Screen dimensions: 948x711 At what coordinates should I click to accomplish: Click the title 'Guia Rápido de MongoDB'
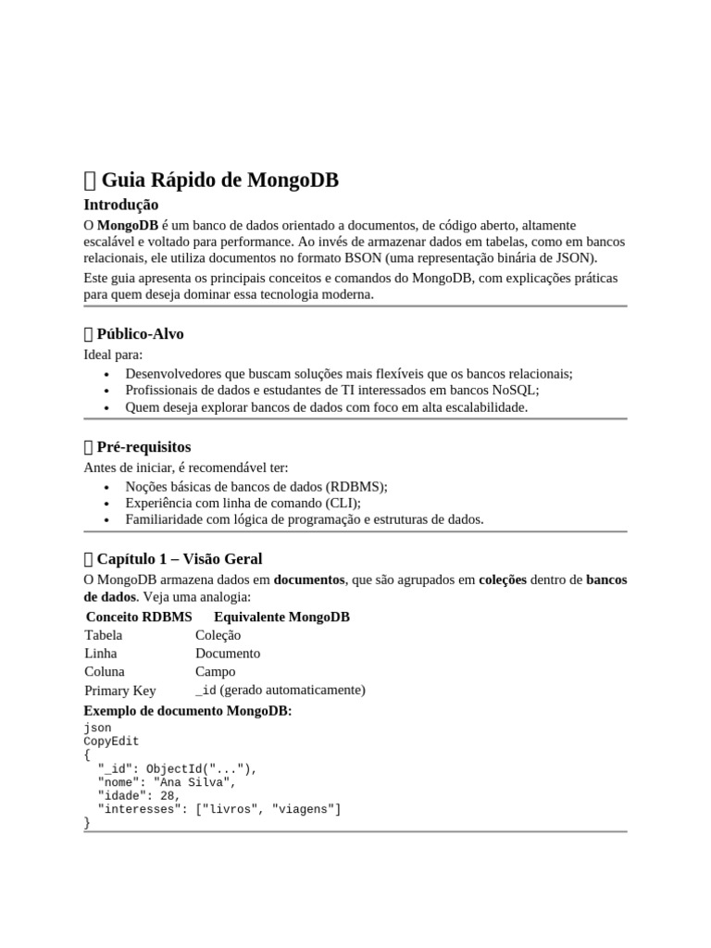tap(219, 180)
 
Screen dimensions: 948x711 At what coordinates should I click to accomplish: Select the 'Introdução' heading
tap(120, 205)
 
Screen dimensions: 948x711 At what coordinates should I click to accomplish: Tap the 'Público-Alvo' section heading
tap(146, 334)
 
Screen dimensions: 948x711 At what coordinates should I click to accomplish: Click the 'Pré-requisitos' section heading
tap(143, 447)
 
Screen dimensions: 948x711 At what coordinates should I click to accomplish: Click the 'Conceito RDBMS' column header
tap(139, 617)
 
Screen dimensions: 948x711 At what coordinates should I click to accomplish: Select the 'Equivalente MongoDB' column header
tap(281, 617)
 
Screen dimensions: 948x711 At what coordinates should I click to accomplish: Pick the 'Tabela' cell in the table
tap(103, 635)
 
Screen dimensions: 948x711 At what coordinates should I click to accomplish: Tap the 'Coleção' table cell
tap(218, 635)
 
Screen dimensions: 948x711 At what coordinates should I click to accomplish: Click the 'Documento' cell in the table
tap(228, 654)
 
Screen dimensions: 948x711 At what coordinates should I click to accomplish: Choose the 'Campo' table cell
tap(215, 671)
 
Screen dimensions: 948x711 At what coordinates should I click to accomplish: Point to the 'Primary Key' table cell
tap(120, 691)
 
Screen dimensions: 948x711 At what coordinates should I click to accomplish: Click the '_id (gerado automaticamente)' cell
tap(280, 690)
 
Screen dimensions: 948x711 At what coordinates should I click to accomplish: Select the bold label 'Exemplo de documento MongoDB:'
tap(188, 711)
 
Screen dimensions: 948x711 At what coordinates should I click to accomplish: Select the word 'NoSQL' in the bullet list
tap(518, 390)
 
